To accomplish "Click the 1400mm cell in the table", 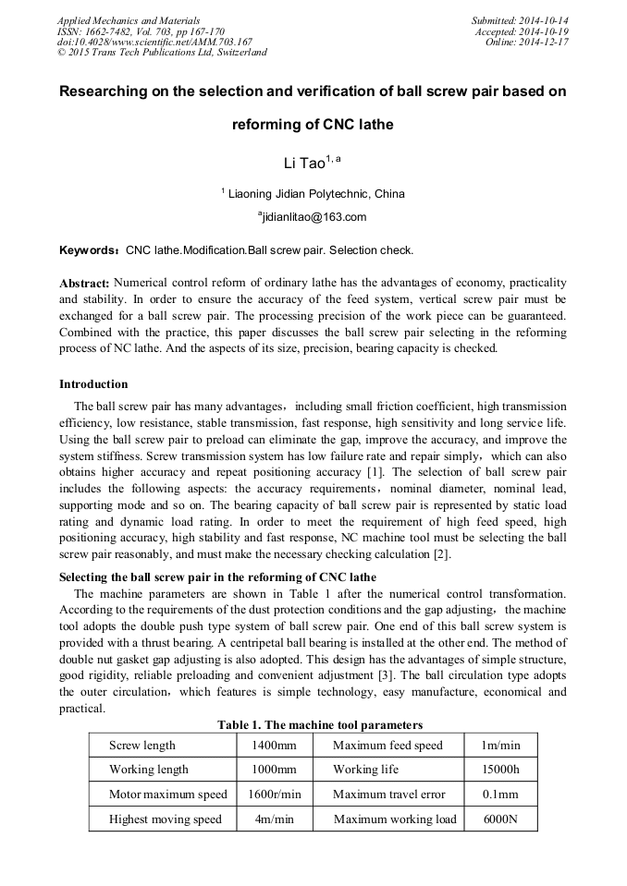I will click(x=274, y=745).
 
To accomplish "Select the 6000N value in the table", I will click(x=500, y=819).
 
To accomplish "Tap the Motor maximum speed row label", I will click(x=167, y=795).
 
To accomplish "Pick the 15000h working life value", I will click(x=500, y=770).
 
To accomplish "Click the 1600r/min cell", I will click(x=274, y=795).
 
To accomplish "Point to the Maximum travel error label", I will click(x=388, y=795).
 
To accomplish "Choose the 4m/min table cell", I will click(x=274, y=819).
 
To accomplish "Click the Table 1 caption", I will click(x=320, y=724).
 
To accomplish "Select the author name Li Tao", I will click(x=304, y=164).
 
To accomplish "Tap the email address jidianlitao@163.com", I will click(x=313, y=217).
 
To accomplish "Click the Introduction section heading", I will click(x=93, y=383).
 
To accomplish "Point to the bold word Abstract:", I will click(x=84, y=282).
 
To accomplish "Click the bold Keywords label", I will click(x=89, y=250).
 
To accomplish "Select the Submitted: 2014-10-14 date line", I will click(x=520, y=20).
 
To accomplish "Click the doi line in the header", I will click(x=154, y=42).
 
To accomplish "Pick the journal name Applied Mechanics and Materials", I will click(x=129, y=20).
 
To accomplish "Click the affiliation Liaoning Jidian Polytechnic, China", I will click(x=314, y=194).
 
